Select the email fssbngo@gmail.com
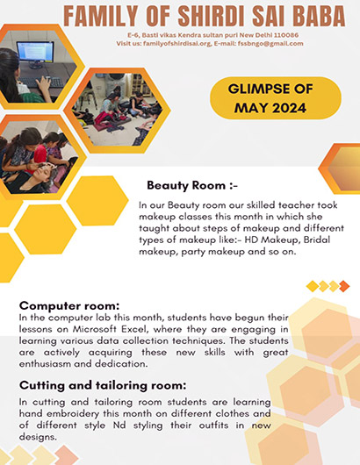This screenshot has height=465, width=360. tap(270, 44)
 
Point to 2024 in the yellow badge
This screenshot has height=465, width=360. tap(289, 108)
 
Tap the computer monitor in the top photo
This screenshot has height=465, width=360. tap(35, 54)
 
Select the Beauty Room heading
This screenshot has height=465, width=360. tap(192, 186)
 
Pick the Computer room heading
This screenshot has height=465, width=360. tap(69, 305)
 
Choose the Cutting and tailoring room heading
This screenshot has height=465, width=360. tap(103, 385)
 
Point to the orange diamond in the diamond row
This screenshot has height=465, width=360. tap(344, 286)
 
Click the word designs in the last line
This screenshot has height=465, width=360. tap(38, 437)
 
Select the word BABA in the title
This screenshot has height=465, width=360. tap(319, 16)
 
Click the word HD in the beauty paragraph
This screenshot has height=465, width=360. tap(251, 240)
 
